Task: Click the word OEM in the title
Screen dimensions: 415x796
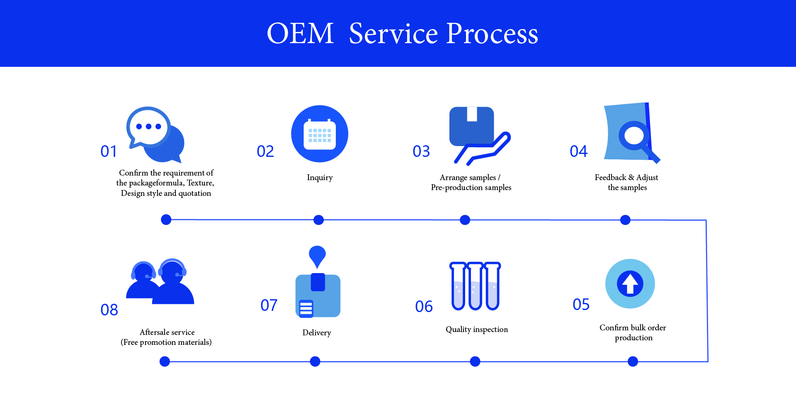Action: point(300,34)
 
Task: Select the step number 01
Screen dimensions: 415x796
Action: point(109,151)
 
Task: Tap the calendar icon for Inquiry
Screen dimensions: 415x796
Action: point(320,134)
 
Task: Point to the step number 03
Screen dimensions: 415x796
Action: point(421,151)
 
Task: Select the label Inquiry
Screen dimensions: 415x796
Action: point(320,178)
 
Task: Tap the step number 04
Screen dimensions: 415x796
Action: point(578,151)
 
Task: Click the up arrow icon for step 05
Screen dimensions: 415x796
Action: point(630,284)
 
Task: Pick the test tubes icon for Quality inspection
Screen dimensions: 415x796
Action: point(475,286)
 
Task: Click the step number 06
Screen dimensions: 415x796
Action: point(424,307)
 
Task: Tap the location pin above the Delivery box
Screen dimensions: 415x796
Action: point(317,255)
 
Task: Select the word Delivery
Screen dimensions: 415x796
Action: point(317,333)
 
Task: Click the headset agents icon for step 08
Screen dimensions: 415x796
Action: point(160,282)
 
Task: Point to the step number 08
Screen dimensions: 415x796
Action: point(109,310)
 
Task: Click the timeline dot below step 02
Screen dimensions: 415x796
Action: point(318,220)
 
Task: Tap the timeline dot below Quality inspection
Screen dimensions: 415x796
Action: point(475,361)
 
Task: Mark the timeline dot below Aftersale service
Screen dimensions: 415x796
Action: point(165,361)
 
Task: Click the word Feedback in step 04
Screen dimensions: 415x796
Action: point(610,178)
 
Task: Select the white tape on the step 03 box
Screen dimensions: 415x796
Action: point(472,114)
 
